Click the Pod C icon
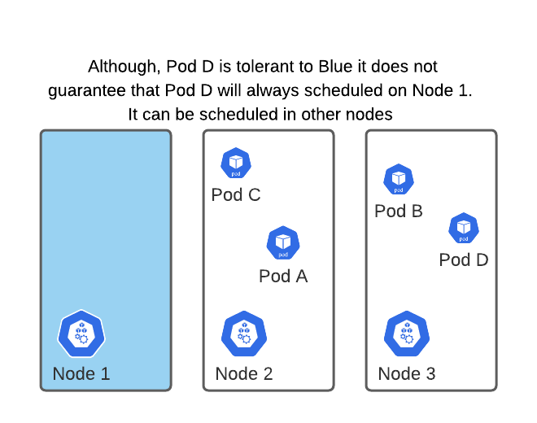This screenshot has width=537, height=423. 236,164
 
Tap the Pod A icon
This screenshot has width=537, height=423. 283,242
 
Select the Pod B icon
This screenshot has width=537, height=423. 399,179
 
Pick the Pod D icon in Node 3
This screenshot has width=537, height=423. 464,228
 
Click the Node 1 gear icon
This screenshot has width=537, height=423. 81,334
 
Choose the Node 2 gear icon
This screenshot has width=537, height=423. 244,334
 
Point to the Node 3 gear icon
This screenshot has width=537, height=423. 407,334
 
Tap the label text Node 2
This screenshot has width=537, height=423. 244,374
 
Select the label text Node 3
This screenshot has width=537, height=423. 407,374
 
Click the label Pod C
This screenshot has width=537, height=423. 236,195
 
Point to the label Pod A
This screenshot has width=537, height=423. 283,277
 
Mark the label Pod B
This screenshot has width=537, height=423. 399,211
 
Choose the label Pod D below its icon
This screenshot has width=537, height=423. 464,260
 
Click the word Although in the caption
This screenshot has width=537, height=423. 123,67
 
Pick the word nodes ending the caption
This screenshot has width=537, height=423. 370,115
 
